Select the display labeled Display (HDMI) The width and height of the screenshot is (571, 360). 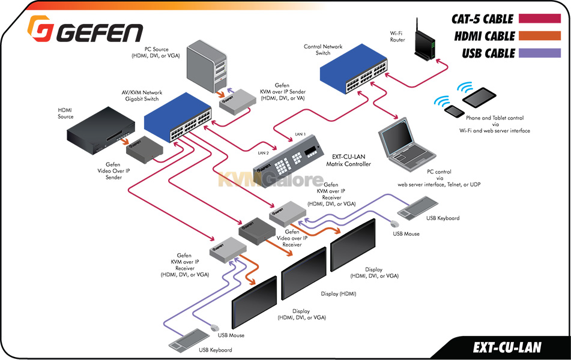pos(304,277)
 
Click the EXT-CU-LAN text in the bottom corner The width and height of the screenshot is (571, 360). pos(507,347)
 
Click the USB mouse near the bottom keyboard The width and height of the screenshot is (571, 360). pos(214,328)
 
